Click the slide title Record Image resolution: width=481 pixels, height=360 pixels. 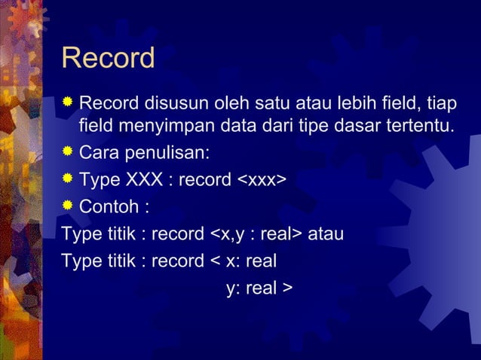pos(108,59)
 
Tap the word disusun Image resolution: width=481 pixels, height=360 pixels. pos(168,102)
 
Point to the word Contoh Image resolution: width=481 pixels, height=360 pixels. pos(109,206)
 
